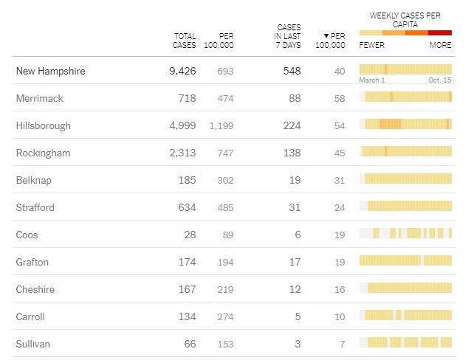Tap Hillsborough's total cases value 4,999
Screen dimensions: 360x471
pos(182,125)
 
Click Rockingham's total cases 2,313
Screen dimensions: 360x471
pos(182,153)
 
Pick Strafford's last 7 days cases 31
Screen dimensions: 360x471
pos(294,207)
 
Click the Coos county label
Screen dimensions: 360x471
pos(27,235)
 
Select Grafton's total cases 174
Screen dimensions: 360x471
pos(187,262)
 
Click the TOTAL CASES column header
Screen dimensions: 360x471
pos(185,41)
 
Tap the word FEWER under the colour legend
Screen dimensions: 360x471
pos(371,45)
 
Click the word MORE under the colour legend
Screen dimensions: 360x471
pos(441,45)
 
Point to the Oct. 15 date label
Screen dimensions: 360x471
pos(440,80)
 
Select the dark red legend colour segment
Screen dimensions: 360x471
pos(440,32)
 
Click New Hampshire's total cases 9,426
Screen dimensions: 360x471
pos(182,72)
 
